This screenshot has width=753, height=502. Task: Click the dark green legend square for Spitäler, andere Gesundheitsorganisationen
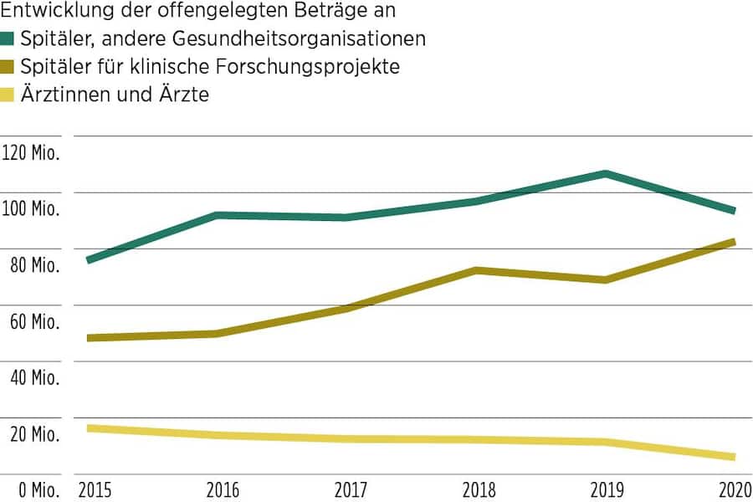pos(8,38)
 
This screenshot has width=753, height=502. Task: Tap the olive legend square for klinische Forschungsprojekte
pos(8,67)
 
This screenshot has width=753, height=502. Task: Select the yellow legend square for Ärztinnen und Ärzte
pos(8,95)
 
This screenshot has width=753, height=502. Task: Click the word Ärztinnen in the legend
pos(64,95)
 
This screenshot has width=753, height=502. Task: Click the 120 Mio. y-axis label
pos(31,153)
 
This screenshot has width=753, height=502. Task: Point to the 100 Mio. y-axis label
pos(31,209)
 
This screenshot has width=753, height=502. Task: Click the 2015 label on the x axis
pos(94,489)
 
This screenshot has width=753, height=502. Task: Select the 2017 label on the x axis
pos(348,489)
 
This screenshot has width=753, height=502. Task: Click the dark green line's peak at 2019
pos(605,173)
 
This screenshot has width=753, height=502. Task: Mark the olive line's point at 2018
pos(476,270)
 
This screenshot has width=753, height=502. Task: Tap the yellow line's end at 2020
pos(733,457)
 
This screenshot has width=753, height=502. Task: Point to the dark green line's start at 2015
pos(89,260)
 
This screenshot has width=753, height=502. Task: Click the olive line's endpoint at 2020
pos(733,242)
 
